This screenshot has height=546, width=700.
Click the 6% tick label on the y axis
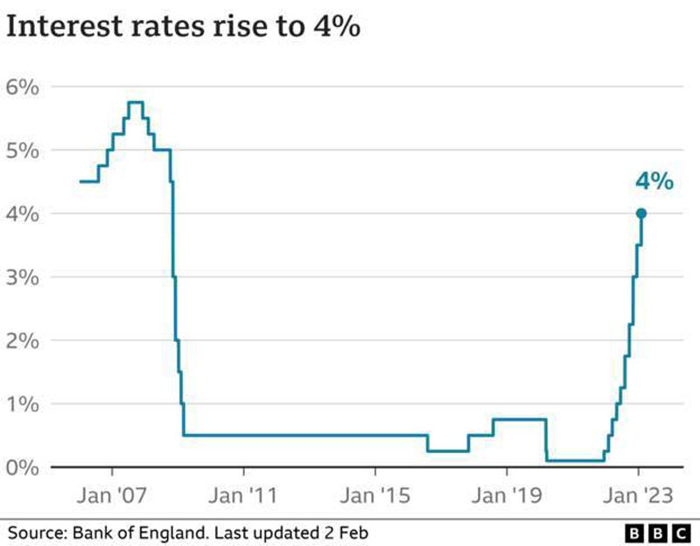(24, 87)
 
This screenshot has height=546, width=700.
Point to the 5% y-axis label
(24, 150)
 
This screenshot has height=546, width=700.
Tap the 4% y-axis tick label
(24, 213)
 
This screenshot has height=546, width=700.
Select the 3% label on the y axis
(24, 277)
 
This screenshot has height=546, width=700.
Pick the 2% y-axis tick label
(24, 340)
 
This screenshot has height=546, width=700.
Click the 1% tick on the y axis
(24, 404)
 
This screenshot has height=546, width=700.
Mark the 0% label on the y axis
(24, 467)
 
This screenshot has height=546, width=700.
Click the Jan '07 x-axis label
(113, 496)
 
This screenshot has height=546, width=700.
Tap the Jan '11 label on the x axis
(245, 496)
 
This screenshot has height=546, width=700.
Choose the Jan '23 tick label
(640, 496)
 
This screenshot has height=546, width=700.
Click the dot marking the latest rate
(640, 213)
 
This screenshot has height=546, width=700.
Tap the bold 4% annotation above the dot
(654, 182)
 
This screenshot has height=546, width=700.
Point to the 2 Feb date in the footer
(348, 531)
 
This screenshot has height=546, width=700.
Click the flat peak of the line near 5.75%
(135, 102)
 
